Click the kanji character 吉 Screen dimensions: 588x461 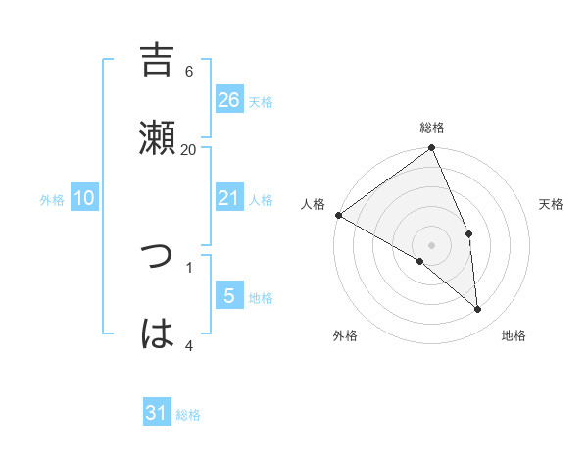(157, 60)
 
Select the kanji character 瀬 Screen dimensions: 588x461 (157, 137)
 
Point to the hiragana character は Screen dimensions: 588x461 (157, 333)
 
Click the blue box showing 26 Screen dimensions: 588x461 (229, 99)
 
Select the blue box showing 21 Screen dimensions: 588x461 (229, 198)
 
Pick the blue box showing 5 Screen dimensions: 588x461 (229, 296)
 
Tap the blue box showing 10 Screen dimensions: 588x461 (84, 198)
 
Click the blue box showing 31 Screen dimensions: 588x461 (157, 414)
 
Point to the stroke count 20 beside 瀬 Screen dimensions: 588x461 (189, 149)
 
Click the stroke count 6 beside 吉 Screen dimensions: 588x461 (189, 71)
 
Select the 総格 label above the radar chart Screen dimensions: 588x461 (432, 128)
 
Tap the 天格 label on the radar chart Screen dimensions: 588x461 (551, 204)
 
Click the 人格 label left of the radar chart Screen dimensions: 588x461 (313, 204)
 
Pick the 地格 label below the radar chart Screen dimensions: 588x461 (514, 335)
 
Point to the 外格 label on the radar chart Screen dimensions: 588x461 (345, 335)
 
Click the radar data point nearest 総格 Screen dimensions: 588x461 (432, 149)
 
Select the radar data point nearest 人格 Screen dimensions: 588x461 (338, 215)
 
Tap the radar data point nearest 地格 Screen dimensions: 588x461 (478, 309)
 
